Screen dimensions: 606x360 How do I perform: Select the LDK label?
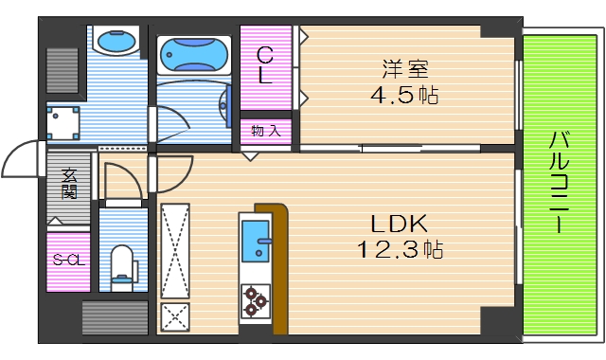point(399,225)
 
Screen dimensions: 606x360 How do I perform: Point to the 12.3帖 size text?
point(400,251)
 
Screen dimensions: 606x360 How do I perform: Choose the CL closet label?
point(266,65)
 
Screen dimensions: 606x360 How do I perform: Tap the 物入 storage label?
point(266,130)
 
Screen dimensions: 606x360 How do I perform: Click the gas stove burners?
point(256,300)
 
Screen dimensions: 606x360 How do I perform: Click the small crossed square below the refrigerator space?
point(175,316)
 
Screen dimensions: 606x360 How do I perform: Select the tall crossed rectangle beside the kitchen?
point(175,250)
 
